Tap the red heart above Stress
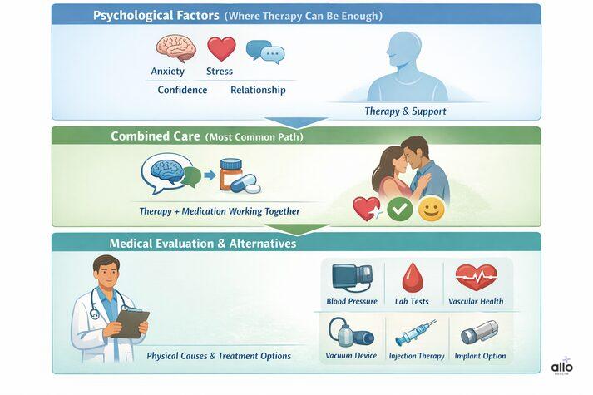(x=221, y=48)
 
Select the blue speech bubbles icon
(x=265, y=52)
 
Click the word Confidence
(x=182, y=90)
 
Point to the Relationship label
(x=258, y=90)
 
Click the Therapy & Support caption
(x=405, y=111)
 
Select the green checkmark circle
(x=400, y=209)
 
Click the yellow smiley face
(x=431, y=208)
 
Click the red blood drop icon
(x=413, y=277)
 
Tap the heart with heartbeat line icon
(x=476, y=275)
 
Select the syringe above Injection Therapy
(x=415, y=333)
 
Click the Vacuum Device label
(x=351, y=357)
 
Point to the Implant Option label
(x=480, y=357)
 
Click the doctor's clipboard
(x=131, y=322)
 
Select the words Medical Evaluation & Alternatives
(x=202, y=244)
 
